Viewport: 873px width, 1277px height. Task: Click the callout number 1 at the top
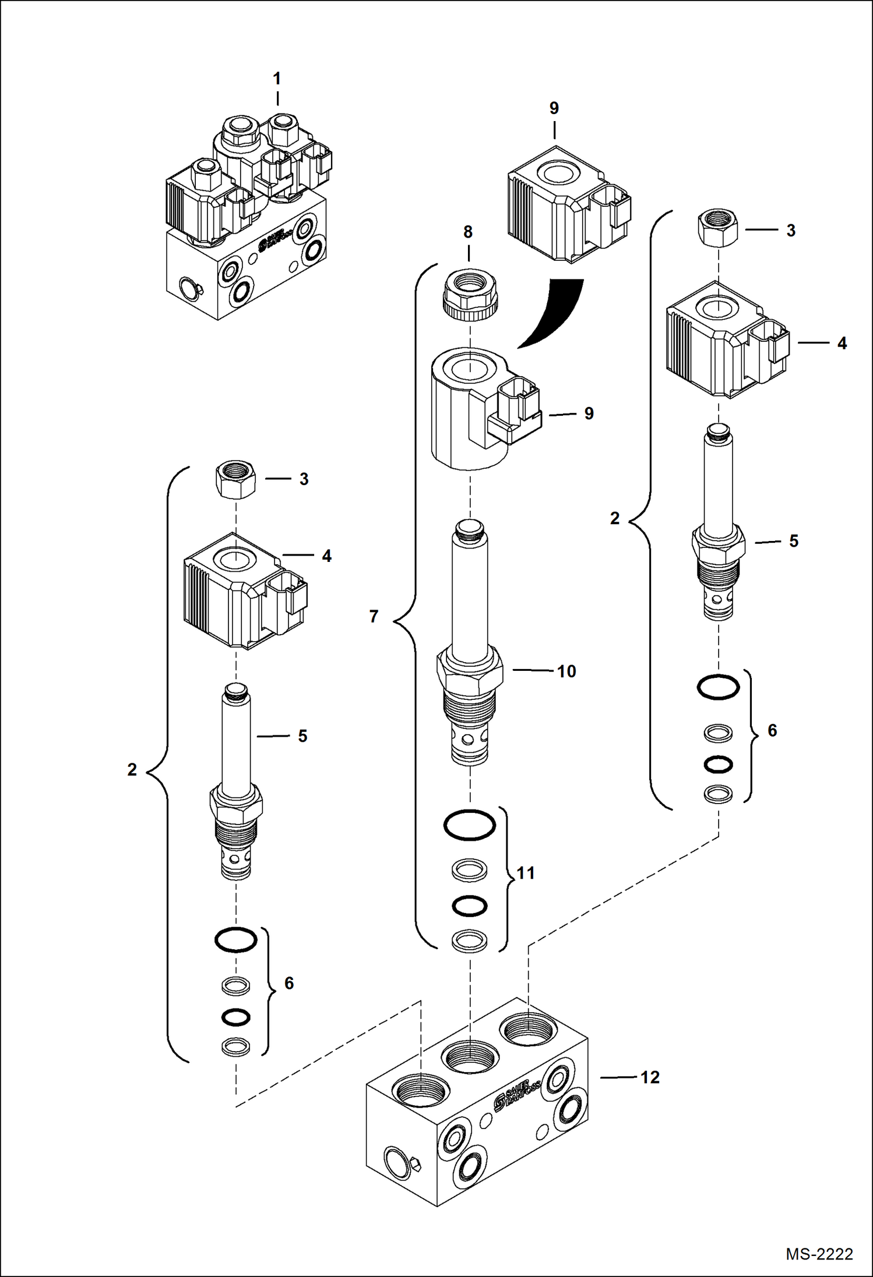pyautogui.click(x=277, y=79)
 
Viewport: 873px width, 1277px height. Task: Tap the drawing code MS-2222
pyautogui.click(x=819, y=1254)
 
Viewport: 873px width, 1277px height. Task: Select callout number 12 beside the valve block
pyautogui.click(x=650, y=1077)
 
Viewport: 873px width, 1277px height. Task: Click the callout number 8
pyautogui.click(x=468, y=232)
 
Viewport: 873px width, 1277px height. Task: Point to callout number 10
pyautogui.click(x=566, y=671)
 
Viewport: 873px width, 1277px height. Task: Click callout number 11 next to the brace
pyautogui.click(x=526, y=873)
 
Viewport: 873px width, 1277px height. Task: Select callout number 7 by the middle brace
pyautogui.click(x=374, y=616)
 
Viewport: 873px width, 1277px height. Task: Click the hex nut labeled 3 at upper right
pyautogui.click(x=718, y=228)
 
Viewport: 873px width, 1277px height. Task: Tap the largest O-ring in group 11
pyautogui.click(x=470, y=825)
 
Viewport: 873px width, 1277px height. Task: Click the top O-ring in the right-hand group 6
pyautogui.click(x=718, y=687)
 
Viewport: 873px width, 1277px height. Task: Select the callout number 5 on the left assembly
pyautogui.click(x=302, y=736)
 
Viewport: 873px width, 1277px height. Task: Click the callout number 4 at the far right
pyautogui.click(x=842, y=344)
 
